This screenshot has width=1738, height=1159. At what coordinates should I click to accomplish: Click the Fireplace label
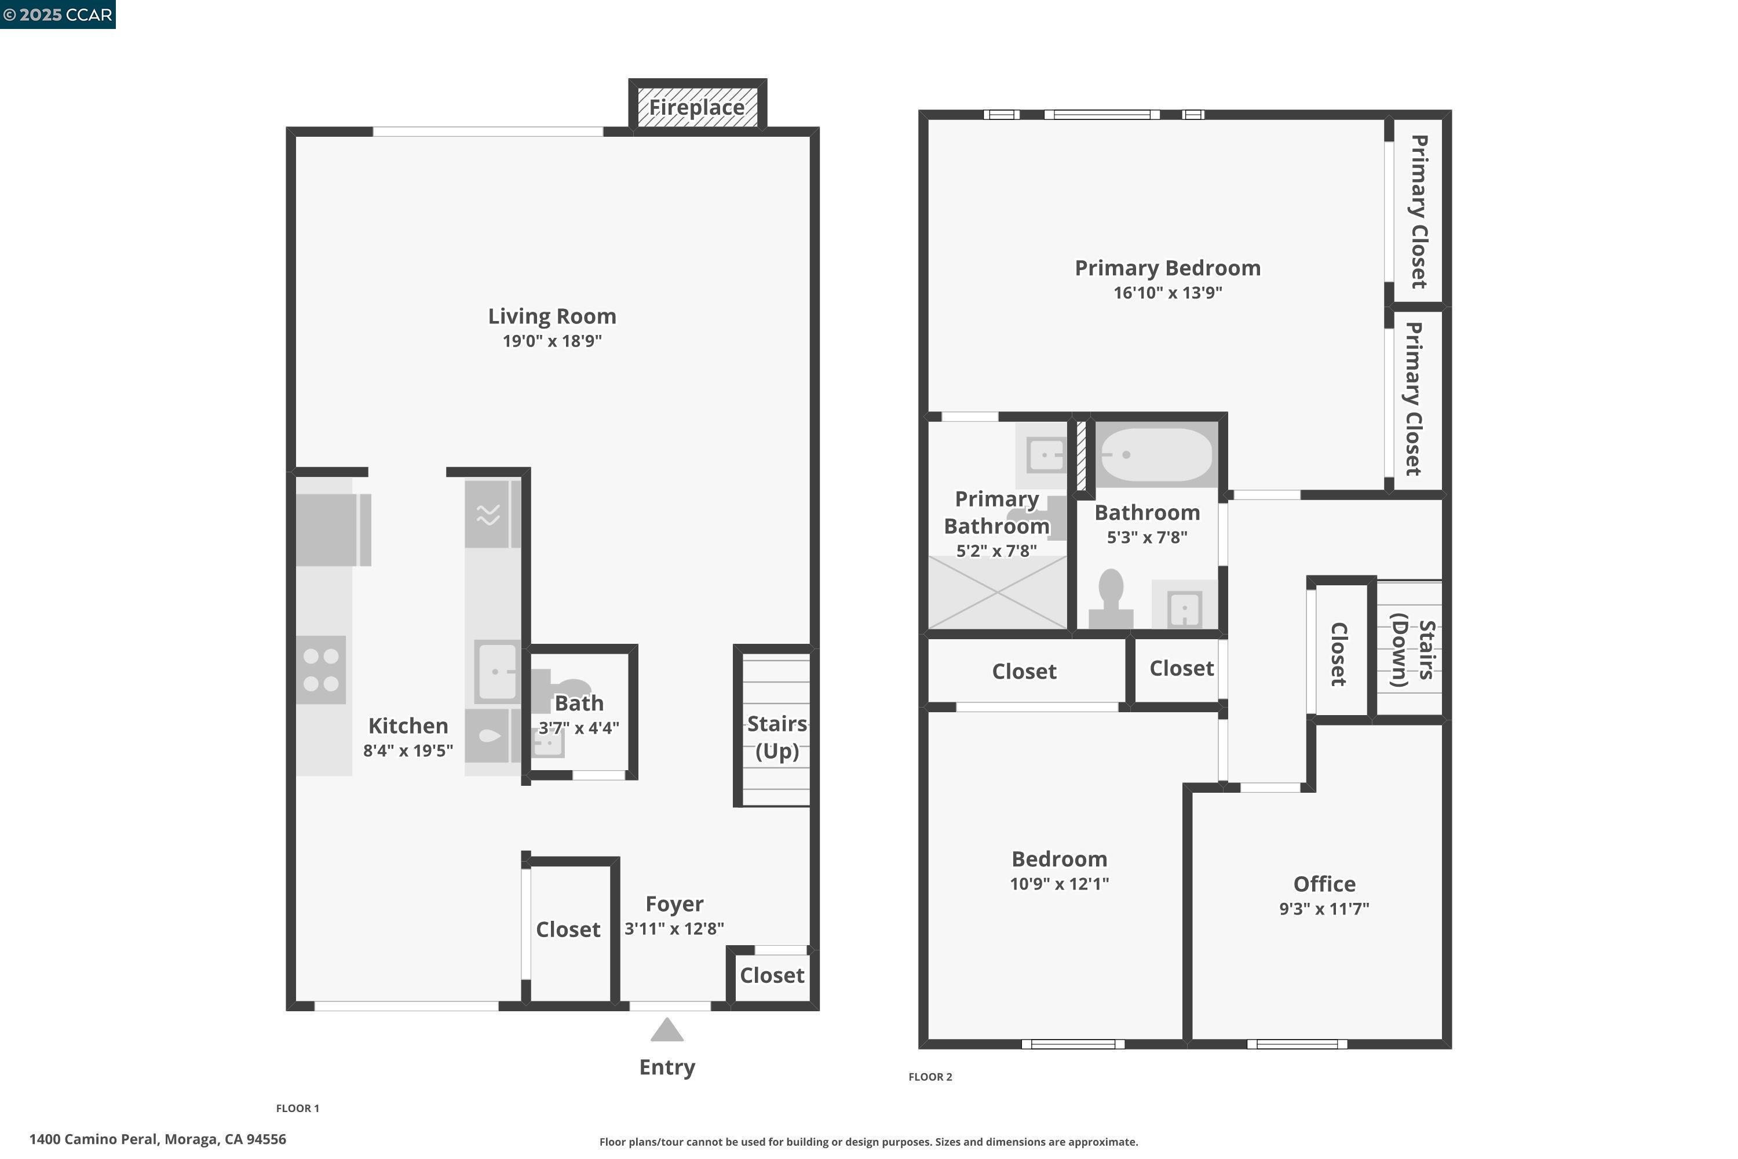tap(697, 108)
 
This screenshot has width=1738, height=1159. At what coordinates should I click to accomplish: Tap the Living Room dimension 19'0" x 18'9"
tap(552, 341)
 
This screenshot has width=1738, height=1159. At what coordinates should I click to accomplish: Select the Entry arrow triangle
tap(667, 1029)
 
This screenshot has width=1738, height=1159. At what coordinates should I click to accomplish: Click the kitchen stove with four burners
tap(321, 670)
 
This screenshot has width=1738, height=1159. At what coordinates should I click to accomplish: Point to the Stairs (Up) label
tap(777, 737)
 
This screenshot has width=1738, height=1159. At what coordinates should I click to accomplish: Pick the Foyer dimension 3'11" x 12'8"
tap(674, 928)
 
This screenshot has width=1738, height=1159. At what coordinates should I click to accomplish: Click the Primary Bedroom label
tap(1167, 268)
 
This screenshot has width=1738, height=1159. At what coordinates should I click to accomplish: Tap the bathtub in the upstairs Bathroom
tap(1156, 454)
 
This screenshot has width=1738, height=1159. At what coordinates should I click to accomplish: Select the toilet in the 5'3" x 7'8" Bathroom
tap(1111, 599)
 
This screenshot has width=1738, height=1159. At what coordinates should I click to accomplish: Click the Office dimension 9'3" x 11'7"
tap(1324, 909)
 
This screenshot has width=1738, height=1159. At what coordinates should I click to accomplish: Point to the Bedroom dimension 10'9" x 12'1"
tap(1059, 883)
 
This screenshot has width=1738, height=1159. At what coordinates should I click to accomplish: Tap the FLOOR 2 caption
tap(930, 1077)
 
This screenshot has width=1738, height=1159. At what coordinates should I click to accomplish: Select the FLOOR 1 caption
tap(298, 1108)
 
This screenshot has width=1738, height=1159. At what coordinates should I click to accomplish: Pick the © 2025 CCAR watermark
tap(57, 15)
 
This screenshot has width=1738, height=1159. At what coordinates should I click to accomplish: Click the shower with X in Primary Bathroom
tap(997, 592)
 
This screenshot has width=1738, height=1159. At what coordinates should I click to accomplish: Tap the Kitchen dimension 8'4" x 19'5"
tap(408, 750)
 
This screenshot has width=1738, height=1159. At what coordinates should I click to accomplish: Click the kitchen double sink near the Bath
tap(496, 672)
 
